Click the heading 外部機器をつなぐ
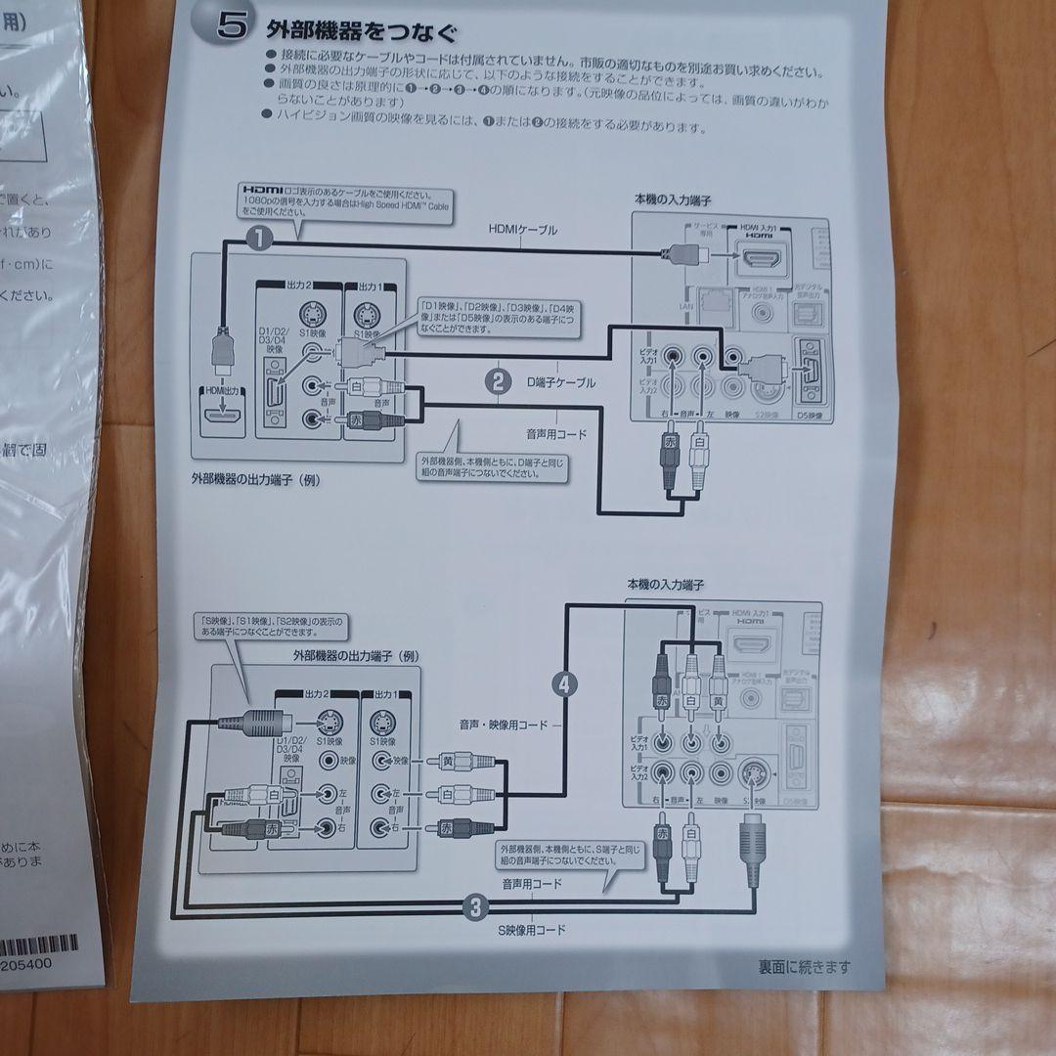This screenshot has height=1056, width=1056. point(361,34)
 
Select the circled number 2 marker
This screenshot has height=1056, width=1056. point(498,381)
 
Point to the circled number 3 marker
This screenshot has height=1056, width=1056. point(475,906)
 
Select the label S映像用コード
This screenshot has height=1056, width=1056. point(531,929)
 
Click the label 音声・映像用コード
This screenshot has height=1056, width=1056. point(504,726)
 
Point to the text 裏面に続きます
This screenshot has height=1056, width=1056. point(804,966)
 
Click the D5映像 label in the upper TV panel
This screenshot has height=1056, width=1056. point(809,416)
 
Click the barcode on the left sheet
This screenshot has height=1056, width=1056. point(34,945)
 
